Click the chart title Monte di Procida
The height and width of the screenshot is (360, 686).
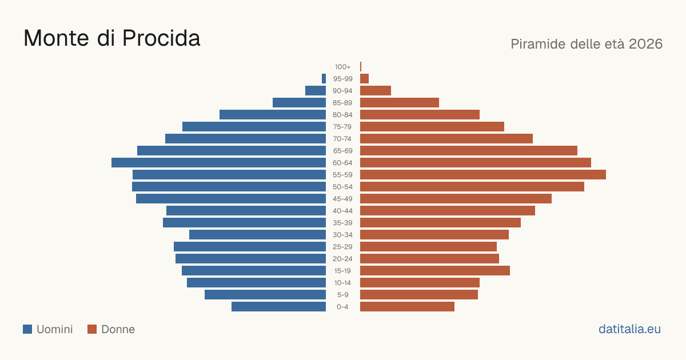click(x=112, y=38)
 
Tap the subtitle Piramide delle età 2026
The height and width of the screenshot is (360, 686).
click(x=587, y=44)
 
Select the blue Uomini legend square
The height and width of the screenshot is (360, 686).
click(x=27, y=329)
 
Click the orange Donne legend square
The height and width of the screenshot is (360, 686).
click(x=92, y=329)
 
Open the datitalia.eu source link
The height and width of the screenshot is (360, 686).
click(x=629, y=329)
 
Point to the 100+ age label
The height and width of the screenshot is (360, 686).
click(x=342, y=67)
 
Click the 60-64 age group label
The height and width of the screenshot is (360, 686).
click(x=342, y=163)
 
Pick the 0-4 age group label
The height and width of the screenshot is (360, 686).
click(x=342, y=307)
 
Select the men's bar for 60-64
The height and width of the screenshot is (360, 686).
click(x=218, y=162)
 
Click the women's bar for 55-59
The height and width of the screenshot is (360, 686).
click(x=483, y=174)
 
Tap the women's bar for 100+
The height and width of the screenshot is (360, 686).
click(x=361, y=66)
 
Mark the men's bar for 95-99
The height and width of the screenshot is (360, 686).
click(x=324, y=78)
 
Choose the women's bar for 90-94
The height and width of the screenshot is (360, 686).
click(x=376, y=91)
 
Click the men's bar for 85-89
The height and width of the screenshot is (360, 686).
click(x=299, y=102)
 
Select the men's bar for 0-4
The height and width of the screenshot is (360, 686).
click(x=279, y=306)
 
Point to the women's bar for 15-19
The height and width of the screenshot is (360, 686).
click(x=435, y=271)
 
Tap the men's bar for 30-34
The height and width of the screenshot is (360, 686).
click(x=258, y=234)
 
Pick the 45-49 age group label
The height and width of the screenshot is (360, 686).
click(x=342, y=199)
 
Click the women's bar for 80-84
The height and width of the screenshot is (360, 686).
click(x=420, y=114)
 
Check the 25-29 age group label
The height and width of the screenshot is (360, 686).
click(x=342, y=247)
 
